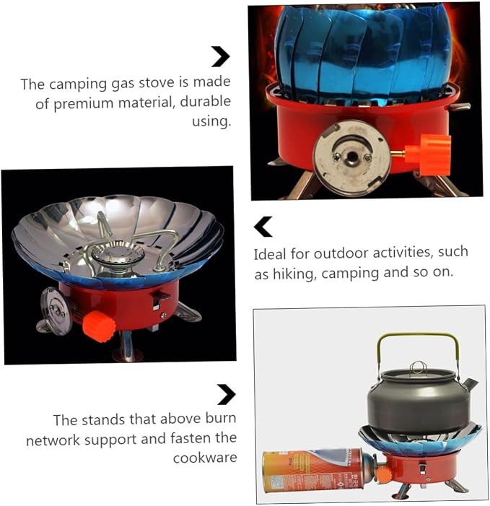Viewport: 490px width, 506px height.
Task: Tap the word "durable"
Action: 205,101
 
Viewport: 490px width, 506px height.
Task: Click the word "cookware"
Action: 205,458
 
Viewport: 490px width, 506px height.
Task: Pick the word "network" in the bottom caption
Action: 53,440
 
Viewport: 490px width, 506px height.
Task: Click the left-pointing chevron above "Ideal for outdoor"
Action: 263,227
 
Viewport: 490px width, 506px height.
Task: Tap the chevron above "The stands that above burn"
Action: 227,394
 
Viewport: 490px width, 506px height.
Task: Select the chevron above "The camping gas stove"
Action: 221,57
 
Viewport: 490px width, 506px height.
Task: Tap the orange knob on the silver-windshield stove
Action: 99,326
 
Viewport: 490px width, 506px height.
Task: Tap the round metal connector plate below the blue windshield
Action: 352,157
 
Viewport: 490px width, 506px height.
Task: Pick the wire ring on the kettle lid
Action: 419,367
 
